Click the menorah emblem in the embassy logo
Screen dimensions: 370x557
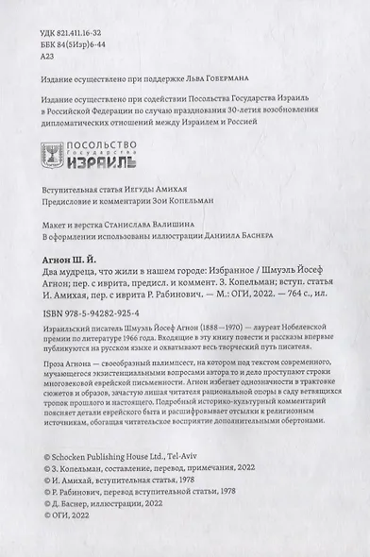[x=56, y=153]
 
